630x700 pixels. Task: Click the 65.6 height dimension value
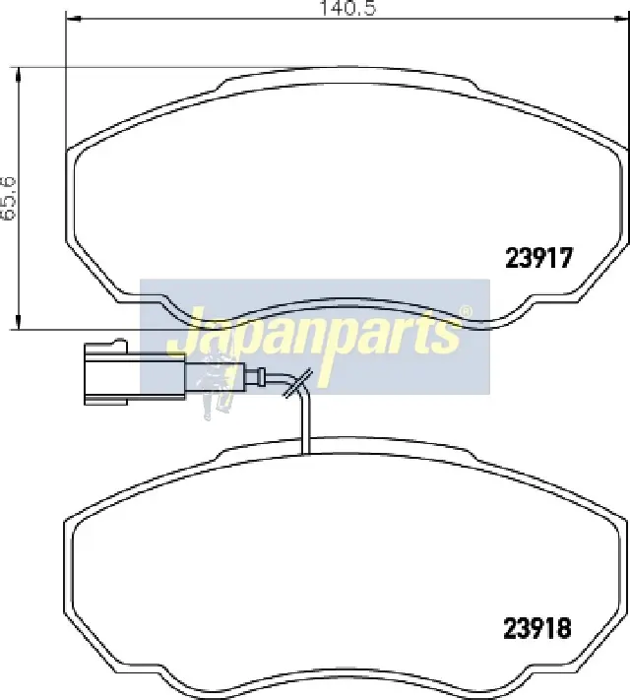(x=9, y=198)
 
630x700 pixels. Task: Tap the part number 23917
(x=538, y=258)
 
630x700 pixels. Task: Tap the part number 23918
(x=537, y=628)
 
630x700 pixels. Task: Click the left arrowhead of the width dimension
(x=73, y=19)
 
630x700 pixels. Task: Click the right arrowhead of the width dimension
(x=621, y=19)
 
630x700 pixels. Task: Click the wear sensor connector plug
(x=135, y=373)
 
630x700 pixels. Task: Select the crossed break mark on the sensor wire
(x=298, y=383)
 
